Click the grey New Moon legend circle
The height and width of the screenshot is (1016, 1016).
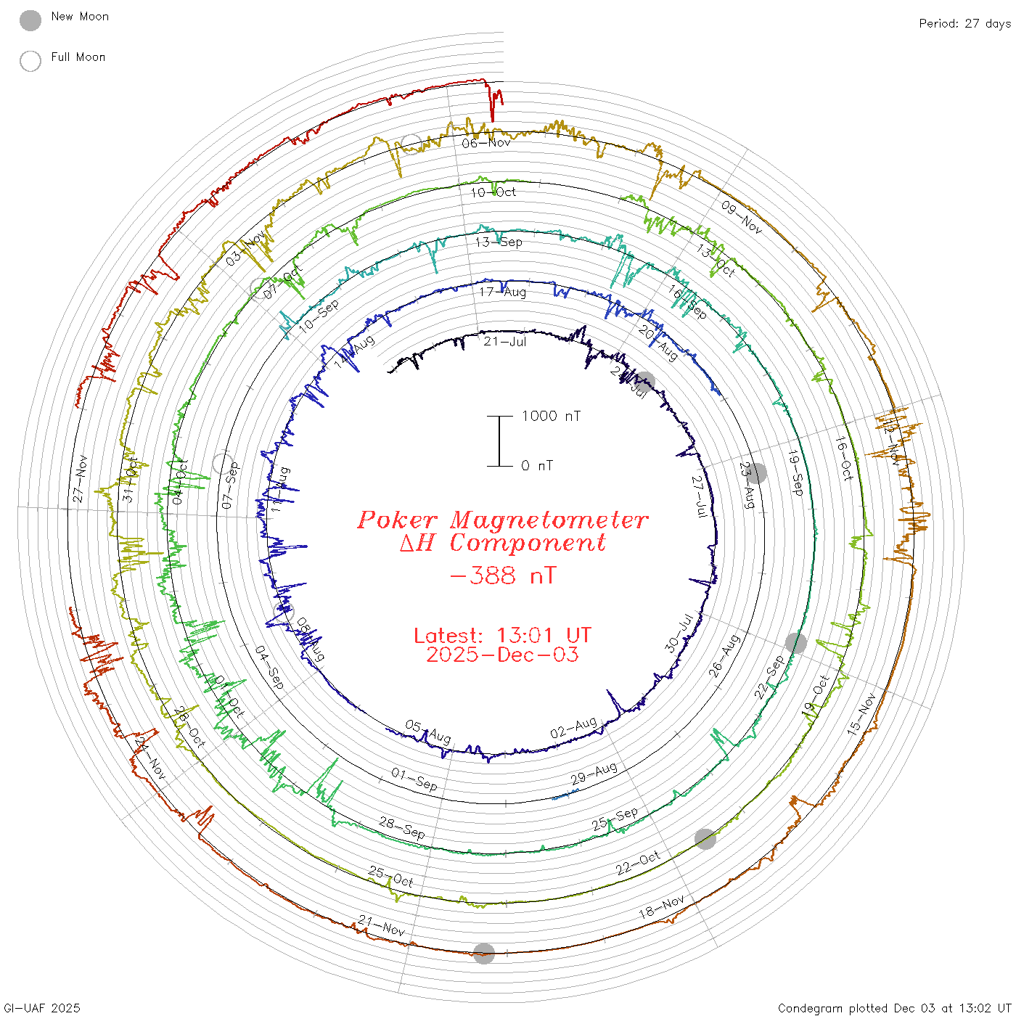(30, 20)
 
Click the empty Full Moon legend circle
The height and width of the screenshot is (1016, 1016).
(30, 61)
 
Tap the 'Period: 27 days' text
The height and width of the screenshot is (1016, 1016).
(964, 23)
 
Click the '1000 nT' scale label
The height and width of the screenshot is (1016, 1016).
(551, 416)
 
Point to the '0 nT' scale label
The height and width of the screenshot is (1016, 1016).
(536, 466)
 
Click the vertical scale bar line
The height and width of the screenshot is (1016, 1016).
(499, 441)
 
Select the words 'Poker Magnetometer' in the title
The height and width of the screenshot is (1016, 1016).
(502, 520)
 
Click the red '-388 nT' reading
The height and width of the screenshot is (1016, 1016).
(502, 576)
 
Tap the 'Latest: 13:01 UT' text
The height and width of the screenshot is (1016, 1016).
(502, 635)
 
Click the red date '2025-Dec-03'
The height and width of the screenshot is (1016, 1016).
(502, 655)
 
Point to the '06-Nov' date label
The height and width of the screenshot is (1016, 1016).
(486, 143)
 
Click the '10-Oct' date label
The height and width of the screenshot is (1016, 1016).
(493, 192)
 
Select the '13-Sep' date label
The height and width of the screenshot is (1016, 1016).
(499, 242)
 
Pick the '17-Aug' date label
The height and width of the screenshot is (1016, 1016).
(502, 292)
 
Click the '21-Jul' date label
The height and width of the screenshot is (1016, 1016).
(505, 341)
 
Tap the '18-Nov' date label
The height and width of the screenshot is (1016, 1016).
(662, 907)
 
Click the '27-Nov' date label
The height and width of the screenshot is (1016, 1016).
(79, 479)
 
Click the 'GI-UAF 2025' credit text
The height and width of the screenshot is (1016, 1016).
(41, 1008)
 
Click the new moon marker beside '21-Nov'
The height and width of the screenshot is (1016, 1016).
(484, 954)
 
